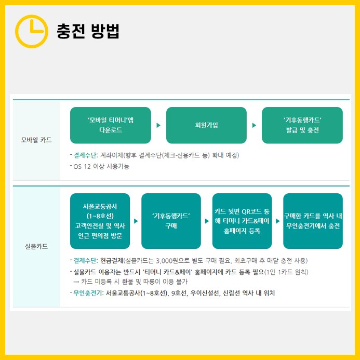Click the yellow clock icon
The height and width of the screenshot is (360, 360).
(31, 31)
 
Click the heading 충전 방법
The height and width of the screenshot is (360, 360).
(88, 31)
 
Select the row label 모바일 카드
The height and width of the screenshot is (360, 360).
(36, 140)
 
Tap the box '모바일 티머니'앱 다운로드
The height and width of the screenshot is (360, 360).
(110, 125)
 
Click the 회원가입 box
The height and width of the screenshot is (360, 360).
(206, 125)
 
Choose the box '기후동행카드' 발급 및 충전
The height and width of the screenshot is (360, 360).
(302, 125)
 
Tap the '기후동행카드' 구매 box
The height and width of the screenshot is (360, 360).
(171, 221)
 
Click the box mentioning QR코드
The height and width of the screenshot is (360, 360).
(242, 221)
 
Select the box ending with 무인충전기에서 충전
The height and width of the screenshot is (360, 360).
(313, 221)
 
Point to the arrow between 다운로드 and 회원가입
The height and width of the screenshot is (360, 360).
(158, 125)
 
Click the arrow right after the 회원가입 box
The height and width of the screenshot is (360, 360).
(254, 125)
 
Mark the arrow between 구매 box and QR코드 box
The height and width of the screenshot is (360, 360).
(207, 221)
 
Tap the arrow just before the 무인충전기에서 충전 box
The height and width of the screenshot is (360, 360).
(277, 221)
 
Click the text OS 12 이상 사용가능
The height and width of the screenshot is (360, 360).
(101, 166)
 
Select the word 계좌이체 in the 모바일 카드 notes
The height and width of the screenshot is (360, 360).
(111, 155)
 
